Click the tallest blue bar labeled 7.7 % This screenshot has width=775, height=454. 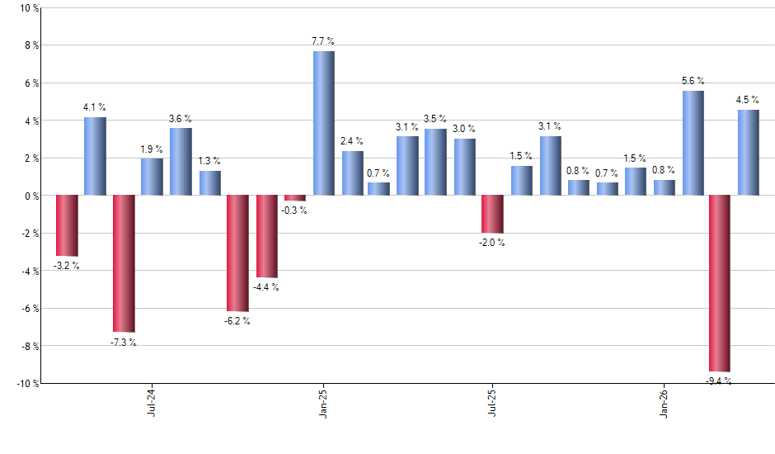click(x=324, y=124)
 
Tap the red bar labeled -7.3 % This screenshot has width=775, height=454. click(x=124, y=263)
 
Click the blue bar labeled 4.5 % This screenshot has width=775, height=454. click(x=748, y=153)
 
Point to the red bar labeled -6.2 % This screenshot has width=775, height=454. click(x=237, y=253)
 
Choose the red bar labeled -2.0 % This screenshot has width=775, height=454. click(x=492, y=215)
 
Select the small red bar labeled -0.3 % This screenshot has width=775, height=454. click(x=295, y=198)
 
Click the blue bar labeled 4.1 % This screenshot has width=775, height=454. click(x=95, y=157)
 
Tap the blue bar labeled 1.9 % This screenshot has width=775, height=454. click(x=152, y=177)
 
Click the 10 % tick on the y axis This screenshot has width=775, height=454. click(x=28, y=8)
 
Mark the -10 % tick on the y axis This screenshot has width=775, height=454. click(x=26, y=384)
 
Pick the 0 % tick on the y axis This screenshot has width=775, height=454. click(x=31, y=196)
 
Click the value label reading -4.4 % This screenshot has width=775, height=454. click(x=267, y=287)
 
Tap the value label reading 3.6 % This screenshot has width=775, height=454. click(x=181, y=118)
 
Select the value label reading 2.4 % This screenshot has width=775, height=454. click(x=352, y=141)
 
